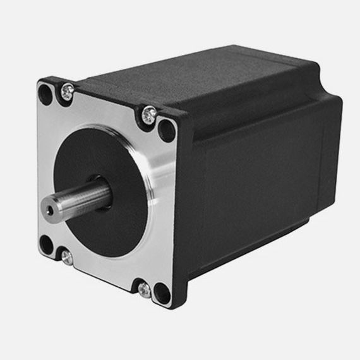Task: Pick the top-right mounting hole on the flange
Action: click(x=166, y=130)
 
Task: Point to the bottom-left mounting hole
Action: click(x=46, y=244)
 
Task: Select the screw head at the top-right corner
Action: click(x=149, y=115)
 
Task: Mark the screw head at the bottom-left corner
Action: click(x=66, y=256)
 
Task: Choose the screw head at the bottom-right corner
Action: click(x=145, y=289)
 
